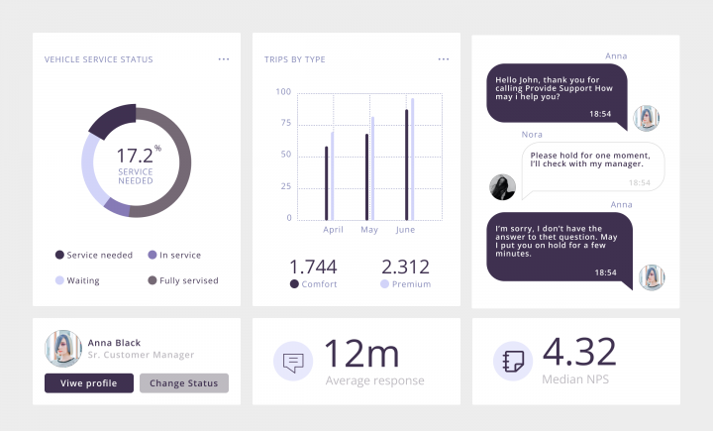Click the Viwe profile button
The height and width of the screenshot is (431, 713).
(x=88, y=383)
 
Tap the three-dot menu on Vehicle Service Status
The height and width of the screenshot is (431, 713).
(x=224, y=59)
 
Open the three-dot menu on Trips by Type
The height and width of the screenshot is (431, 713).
(x=444, y=59)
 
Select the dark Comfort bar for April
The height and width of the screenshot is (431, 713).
(x=327, y=183)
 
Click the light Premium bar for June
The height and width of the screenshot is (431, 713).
(x=413, y=159)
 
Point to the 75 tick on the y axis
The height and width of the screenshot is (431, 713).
(x=285, y=123)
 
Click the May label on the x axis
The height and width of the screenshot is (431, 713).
(x=369, y=230)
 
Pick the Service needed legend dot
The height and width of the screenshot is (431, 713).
(x=59, y=255)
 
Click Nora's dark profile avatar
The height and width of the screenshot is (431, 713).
(x=503, y=186)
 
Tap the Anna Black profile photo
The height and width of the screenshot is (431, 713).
(x=62, y=348)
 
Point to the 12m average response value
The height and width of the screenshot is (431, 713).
(x=361, y=354)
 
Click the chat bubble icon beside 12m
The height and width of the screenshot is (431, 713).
(x=293, y=361)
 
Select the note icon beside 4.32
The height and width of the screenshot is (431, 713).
(x=513, y=361)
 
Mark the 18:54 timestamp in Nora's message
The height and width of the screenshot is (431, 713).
(x=640, y=182)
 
